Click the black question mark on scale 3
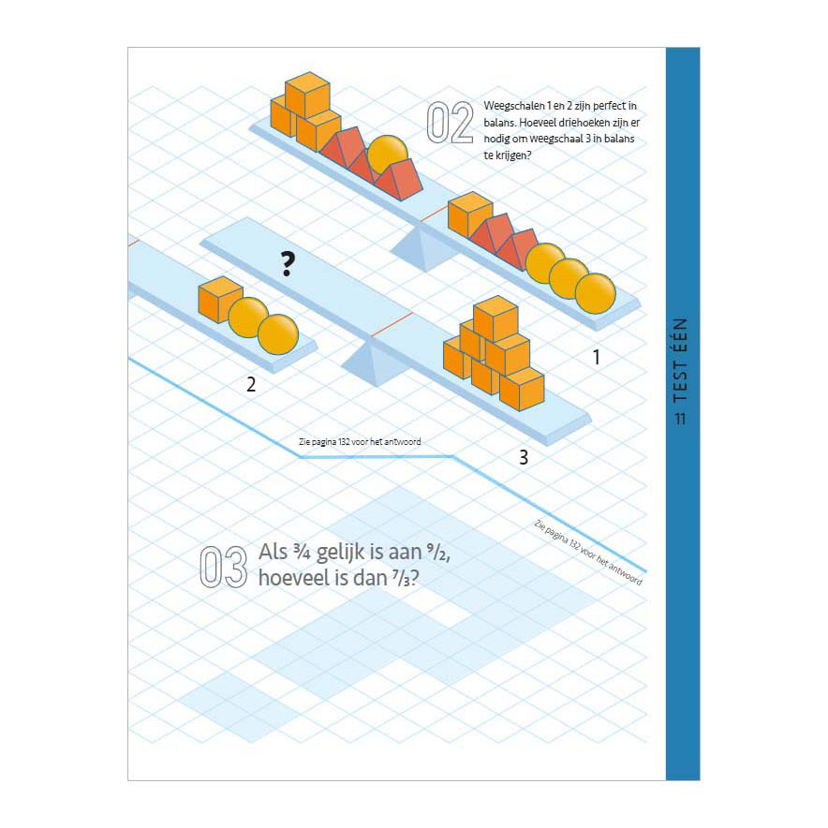tap(288, 264)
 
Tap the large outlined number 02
tap(450, 123)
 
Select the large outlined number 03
tap(223, 567)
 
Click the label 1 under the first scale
tap(597, 358)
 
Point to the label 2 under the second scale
tap(251, 384)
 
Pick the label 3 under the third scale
tap(524, 457)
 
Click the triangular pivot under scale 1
tap(424, 247)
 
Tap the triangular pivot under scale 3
tap(374, 362)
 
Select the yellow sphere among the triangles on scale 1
tap(387, 154)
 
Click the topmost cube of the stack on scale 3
tap(495, 318)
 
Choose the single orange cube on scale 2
tap(220, 299)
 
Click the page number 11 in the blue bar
tap(680, 419)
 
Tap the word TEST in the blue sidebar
tap(681, 378)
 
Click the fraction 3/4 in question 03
tap(301, 553)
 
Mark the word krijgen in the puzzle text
tap(511, 155)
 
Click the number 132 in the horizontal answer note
tap(345, 441)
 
